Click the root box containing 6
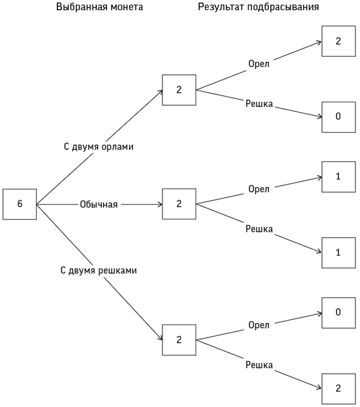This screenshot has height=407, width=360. click(x=20, y=204)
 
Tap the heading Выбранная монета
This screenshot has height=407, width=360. click(x=100, y=7)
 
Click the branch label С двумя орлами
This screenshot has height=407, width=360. click(x=98, y=147)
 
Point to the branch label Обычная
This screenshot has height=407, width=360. click(x=99, y=204)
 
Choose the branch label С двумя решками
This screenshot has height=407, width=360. click(x=98, y=271)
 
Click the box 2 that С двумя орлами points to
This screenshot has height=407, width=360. click(x=179, y=90)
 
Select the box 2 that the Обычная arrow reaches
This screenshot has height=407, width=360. click(x=179, y=204)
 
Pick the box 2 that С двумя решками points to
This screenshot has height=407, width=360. click(x=179, y=340)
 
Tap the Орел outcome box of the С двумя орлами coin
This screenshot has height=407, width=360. click(x=338, y=41)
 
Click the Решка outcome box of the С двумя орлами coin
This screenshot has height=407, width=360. click(x=338, y=117)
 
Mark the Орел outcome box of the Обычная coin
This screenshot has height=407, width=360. click(x=338, y=176)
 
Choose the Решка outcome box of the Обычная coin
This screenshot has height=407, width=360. click(x=338, y=252)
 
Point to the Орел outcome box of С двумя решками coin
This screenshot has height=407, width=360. click(x=338, y=312)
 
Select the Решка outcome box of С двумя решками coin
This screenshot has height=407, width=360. click(x=338, y=388)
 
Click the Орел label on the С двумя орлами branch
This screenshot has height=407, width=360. click(x=259, y=63)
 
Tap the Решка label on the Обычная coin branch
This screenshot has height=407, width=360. click(x=259, y=229)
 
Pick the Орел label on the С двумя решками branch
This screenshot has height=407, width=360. click(x=259, y=325)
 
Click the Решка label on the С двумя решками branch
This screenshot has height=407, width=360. click(x=259, y=365)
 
